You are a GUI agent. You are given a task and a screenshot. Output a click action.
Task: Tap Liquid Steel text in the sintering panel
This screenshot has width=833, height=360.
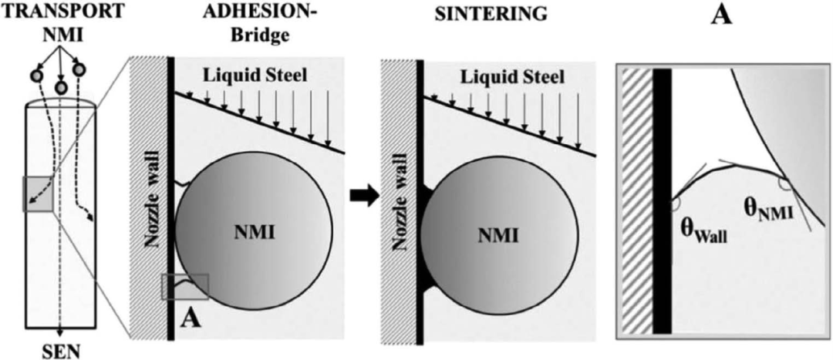click(x=502, y=76)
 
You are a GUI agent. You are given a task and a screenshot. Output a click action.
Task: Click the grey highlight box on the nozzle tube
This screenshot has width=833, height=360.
click(x=36, y=193)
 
